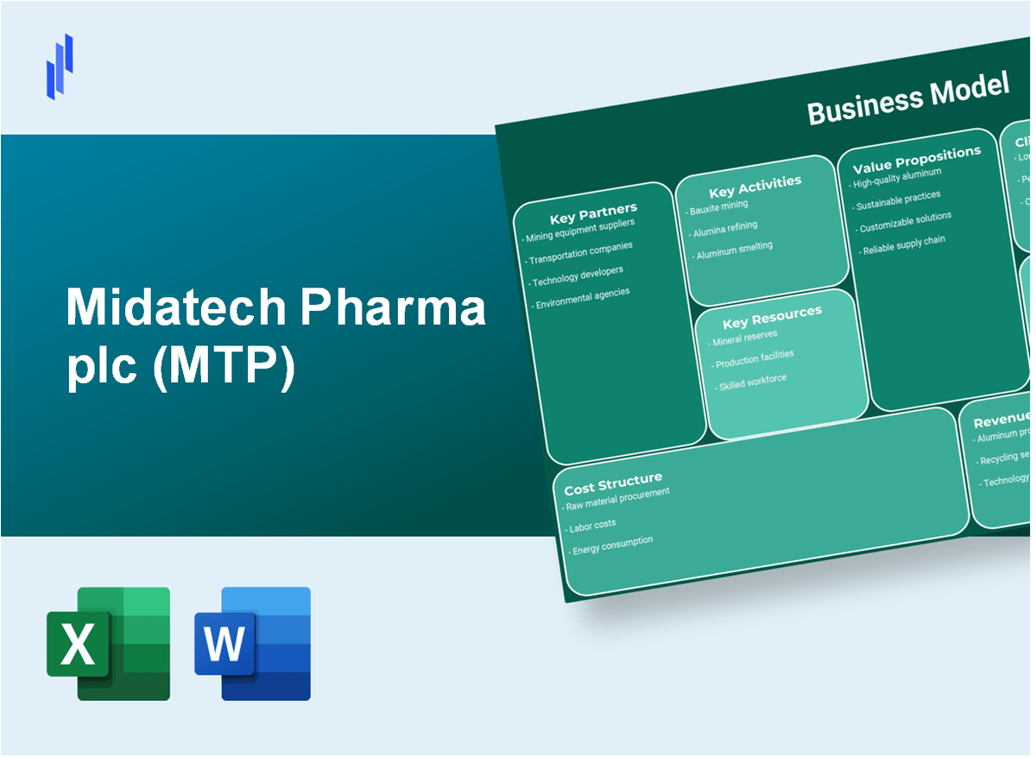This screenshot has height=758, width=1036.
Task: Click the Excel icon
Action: tap(108, 643)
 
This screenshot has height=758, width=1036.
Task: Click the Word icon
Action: tap(252, 643)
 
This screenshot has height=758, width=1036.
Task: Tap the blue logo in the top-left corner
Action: tap(60, 66)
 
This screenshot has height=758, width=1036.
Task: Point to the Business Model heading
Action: tap(907, 98)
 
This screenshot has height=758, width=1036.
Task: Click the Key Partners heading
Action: tap(593, 212)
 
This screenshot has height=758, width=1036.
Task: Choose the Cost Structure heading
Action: tap(613, 483)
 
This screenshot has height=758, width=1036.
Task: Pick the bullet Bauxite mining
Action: tap(718, 208)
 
